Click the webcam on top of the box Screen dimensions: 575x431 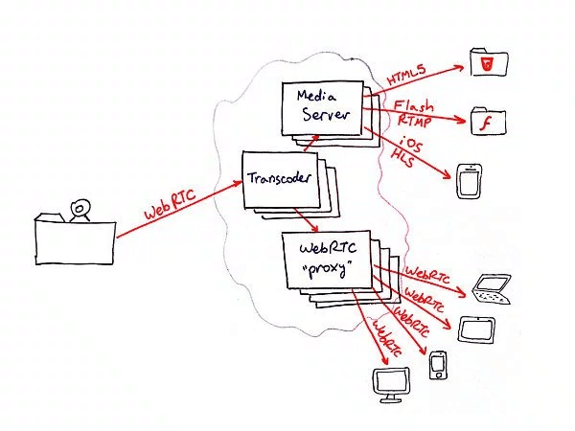(x=80, y=211)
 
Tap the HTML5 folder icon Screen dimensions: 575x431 (x=489, y=62)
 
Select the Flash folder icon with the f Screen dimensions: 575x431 (x=489, y=121)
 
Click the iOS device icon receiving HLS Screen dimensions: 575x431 (x=469, y=181)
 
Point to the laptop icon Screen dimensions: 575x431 (x=492, y=289)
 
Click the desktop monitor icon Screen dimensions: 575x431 (x=391, y=385)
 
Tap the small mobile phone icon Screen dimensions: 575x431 (x=438, y=365)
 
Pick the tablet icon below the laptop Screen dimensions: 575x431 (x=476, y=329)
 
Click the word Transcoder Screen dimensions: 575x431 (x=279, y=178)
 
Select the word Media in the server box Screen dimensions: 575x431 (x=316, y=96)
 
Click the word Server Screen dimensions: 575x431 (x=325, y=114)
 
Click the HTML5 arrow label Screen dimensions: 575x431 (x=406, y=74)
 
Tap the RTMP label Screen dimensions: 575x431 (x=414, y=121)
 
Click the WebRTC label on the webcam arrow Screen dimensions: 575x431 (x=171, y=204)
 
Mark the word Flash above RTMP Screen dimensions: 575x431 (x=414, y=105)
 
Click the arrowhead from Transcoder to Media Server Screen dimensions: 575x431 (x=314, y=137)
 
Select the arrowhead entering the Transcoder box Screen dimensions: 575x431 (x=238, y=183)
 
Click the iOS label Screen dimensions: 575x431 (x=411, y=144)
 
